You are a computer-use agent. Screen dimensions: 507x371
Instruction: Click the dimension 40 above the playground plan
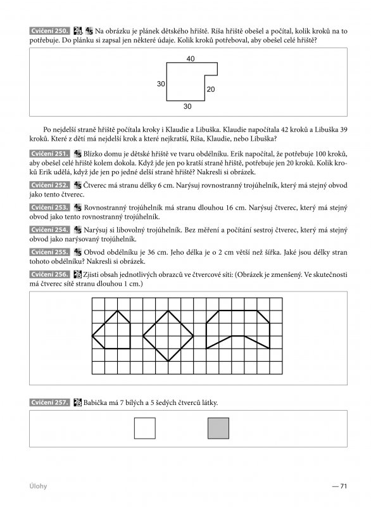191,58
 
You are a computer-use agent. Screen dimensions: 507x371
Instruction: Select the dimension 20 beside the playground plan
211,89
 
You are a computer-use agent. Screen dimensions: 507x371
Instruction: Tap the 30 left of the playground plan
161,84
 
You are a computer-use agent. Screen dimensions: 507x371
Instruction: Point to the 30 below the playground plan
187,106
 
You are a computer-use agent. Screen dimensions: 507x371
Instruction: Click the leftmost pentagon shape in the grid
116,330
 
